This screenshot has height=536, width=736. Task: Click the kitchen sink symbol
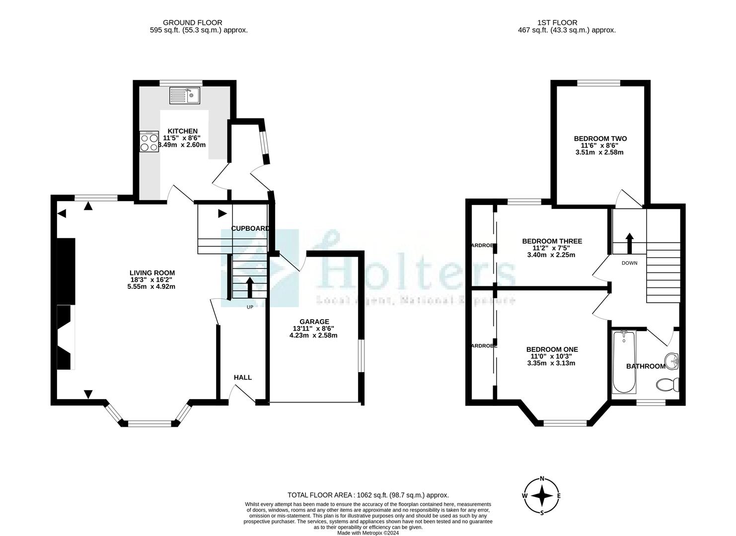click(184, 95)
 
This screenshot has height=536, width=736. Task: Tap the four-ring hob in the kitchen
click(149, 141)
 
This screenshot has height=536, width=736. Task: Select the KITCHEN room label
click(182, 131)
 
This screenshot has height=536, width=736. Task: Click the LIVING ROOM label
click(152, 273)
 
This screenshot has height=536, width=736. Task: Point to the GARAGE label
click(314, 322)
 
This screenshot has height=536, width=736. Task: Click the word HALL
click(243, 377)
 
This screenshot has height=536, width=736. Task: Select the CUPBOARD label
click(250, 228)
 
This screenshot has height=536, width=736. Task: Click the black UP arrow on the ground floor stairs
click(249, 287)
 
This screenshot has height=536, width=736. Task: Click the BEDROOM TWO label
click(600, 138)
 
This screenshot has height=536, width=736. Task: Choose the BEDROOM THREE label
click(552, 241)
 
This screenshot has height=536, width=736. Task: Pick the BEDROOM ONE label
click(552, 349)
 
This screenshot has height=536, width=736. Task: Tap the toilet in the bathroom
click(667, 384)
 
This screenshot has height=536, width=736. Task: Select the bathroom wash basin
click(672, 360)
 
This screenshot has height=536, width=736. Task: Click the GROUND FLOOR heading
click(193, 22)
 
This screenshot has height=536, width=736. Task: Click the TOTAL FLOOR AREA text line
click(368, 495)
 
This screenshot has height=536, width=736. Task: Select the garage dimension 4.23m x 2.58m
click(313, 335)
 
